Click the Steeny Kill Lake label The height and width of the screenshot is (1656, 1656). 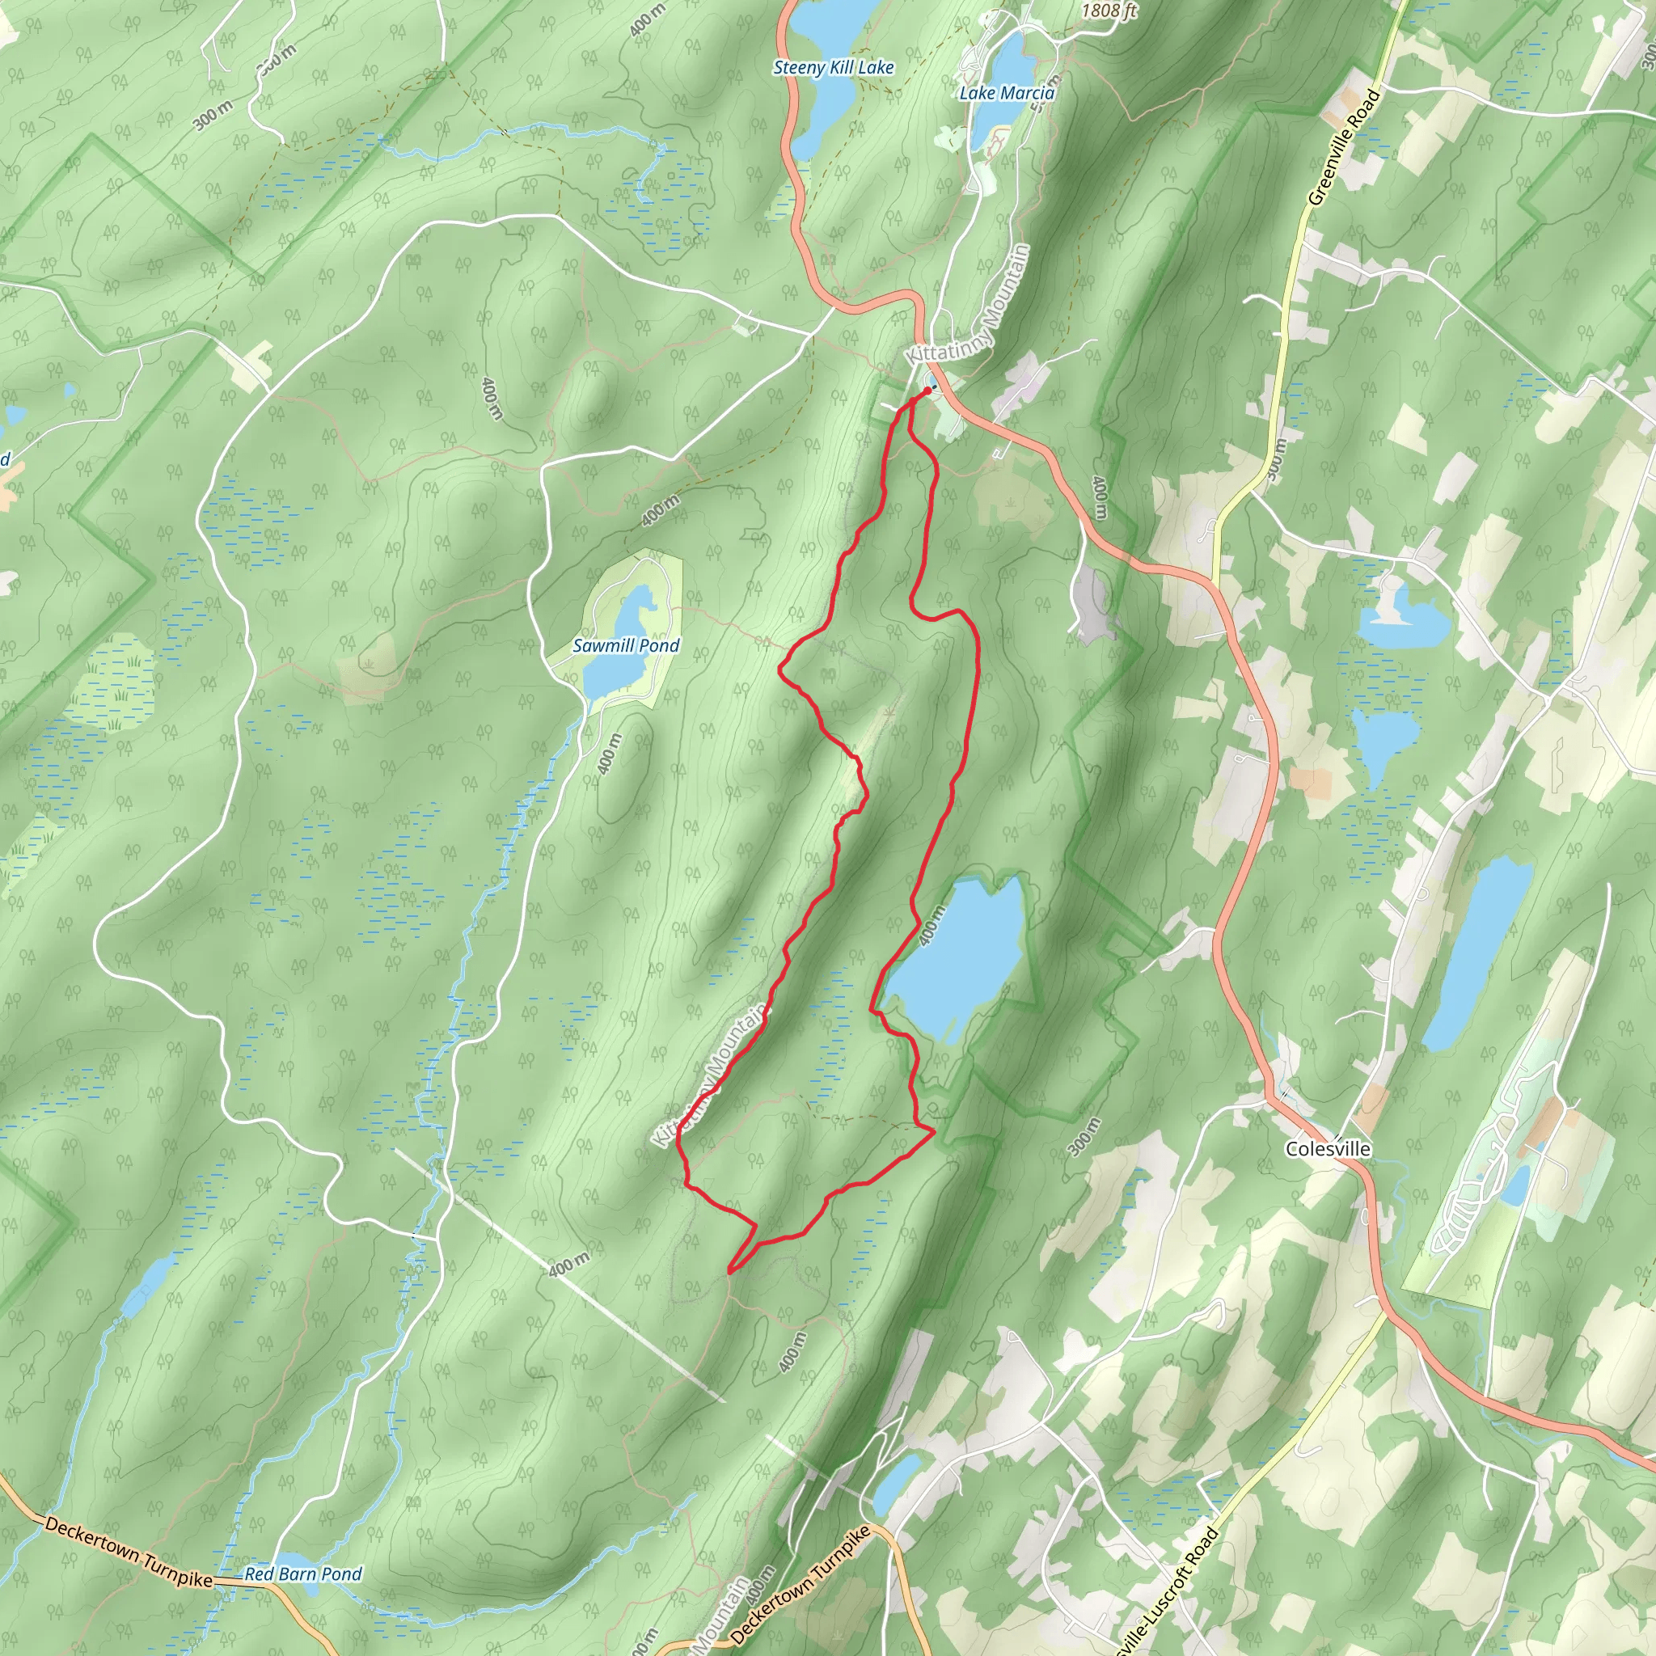pyautogui.click(x=833, y=68)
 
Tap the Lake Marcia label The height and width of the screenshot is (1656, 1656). pyautogui.click(x=1006, y=92)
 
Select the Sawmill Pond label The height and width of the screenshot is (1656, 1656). pyautogui.click(x=626, y=646)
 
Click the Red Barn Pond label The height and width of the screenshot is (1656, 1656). pyautogui.click(x=303, y=1574)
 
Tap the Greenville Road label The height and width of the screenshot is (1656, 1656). pyautogui.click(x=1343, y=147)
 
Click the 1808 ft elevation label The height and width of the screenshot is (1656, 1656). pyautogui.click(x=1109, y=11)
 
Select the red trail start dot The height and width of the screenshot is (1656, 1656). pyautogui.click(x=928, y=391)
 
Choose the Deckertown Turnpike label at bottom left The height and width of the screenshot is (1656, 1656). pyautogui.click(x=129, y=1552)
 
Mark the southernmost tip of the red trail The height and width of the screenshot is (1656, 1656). pyautogui.click(x=729, y=1271)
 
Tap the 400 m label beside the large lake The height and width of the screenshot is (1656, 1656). pyautogui.click(x=932, y=926)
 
